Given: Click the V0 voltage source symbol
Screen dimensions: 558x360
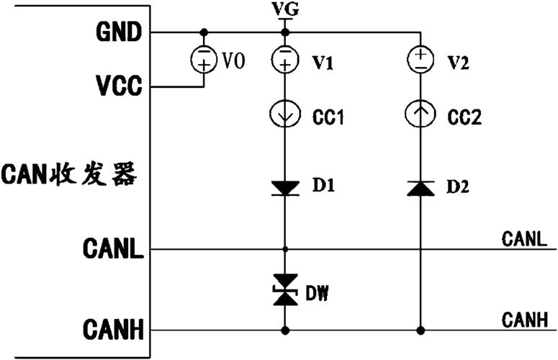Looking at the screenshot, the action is tap(204, 60).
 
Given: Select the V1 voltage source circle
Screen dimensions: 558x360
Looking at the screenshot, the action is tap(284, 60).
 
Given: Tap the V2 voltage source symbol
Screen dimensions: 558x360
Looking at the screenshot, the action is tap(420, 60).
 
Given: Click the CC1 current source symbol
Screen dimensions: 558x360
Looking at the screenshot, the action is tap(284, 114).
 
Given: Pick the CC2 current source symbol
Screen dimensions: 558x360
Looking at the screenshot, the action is tap(420, 114).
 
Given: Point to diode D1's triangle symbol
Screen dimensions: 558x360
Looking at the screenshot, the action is tap(285, 188).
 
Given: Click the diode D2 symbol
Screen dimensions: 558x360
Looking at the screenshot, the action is tap(420, 188).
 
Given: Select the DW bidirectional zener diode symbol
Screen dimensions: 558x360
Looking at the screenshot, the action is tap(285, 289).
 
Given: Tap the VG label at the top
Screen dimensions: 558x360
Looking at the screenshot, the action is tap(284, 9).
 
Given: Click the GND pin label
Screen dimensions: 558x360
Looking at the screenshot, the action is tap(119, 32).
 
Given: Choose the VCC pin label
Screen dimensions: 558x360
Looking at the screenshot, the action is tap(119, 86).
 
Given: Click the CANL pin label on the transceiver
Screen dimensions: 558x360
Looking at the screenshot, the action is tap(113, 248).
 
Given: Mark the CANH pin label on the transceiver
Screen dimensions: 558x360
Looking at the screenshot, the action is tap(113, 330).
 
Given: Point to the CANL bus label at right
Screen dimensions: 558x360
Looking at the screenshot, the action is tap(524, 239).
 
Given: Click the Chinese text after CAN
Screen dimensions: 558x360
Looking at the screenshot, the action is tap(93, 174).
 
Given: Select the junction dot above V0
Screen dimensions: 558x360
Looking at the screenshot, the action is tap(204, 32).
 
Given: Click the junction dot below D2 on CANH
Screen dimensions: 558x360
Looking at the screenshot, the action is tap(420, 330).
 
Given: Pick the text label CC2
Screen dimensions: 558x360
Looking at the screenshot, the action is tap(464, 117).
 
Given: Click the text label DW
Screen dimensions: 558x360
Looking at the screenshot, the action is tap(317, 293).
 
